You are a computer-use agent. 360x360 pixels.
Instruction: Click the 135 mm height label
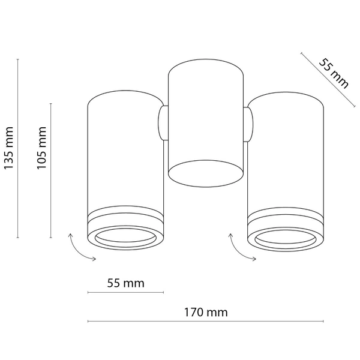click(9, 148)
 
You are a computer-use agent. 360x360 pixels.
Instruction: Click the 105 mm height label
click(42, 148)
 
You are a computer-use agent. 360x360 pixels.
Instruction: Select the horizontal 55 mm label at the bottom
click(125, 283)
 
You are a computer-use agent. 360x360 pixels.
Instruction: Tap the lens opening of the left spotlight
click(125, 238)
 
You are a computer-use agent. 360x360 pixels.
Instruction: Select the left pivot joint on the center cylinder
click(163, 124)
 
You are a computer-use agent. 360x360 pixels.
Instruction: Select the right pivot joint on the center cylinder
click(248, 124)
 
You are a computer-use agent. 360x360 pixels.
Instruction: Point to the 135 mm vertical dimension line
click(18, 148)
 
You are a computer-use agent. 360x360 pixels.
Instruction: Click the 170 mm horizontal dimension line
click(207, 322)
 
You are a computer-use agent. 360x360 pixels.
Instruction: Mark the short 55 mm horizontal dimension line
click(125, 293)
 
